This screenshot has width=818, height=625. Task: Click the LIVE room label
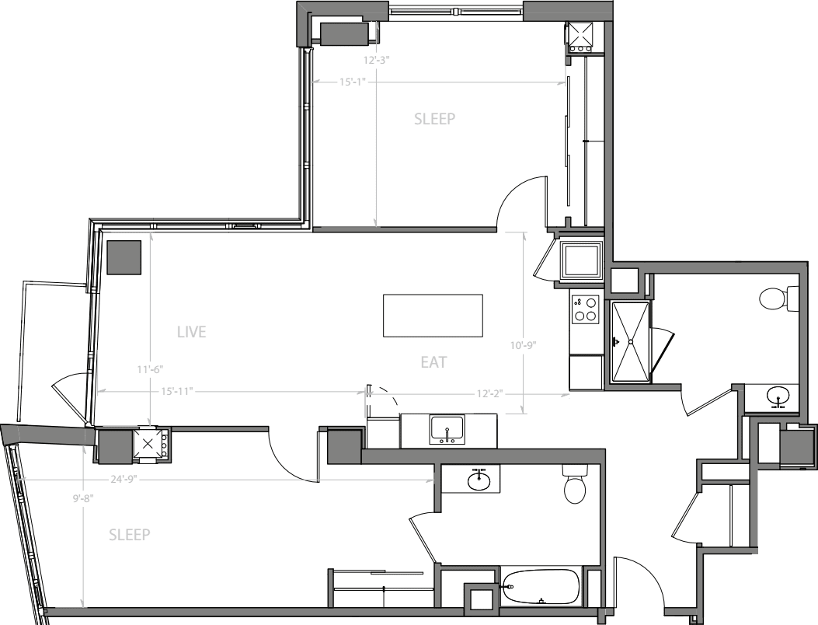pos(191,333)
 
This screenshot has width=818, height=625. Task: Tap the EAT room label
pos(433,362)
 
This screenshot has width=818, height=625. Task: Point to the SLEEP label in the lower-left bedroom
pos(129,535)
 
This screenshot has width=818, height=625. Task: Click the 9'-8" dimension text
pos(83,500)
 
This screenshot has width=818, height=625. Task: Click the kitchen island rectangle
pos(433,315)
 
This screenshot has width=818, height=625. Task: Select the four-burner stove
pos(585,309)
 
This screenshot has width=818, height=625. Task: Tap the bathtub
pos(541,588)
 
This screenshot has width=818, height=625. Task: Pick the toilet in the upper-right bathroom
pos(778,298)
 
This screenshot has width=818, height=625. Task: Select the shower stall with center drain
pos(630,341)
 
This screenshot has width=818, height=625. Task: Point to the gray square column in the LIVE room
pos(124,257)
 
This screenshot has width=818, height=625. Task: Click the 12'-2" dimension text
pos(488,393)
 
